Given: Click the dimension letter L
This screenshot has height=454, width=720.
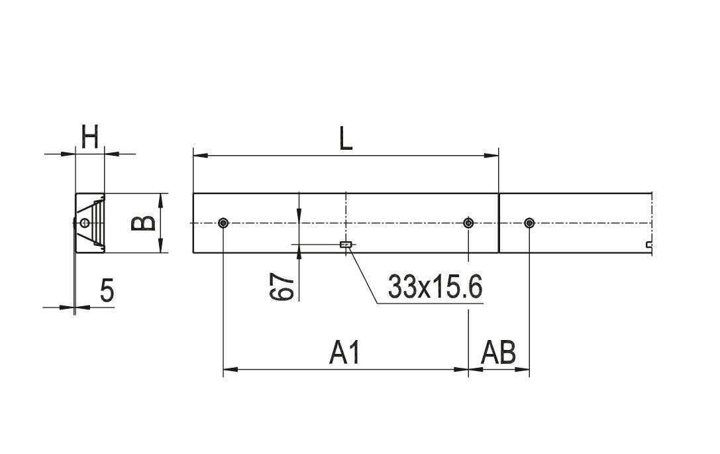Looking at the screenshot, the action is click(x=345, y=138).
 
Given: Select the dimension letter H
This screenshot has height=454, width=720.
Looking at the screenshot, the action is click(x=90, y=137).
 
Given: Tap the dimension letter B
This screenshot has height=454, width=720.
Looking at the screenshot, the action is click(x=143, y=223).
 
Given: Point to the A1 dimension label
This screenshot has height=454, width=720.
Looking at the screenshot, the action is click(x=345, y=353).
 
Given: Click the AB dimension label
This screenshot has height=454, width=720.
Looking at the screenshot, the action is click(x=498, y=353).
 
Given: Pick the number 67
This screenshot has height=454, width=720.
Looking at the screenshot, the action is click(x=282, y=287).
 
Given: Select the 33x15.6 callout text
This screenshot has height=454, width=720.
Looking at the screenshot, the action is click(x=435, y=287).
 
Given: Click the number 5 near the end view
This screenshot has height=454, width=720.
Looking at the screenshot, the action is click(x=107, y=290).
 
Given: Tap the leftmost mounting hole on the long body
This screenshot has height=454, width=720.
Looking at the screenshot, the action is click(x=223, y=223).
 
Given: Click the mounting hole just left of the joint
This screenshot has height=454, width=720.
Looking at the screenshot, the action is click(x=468, y=223).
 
